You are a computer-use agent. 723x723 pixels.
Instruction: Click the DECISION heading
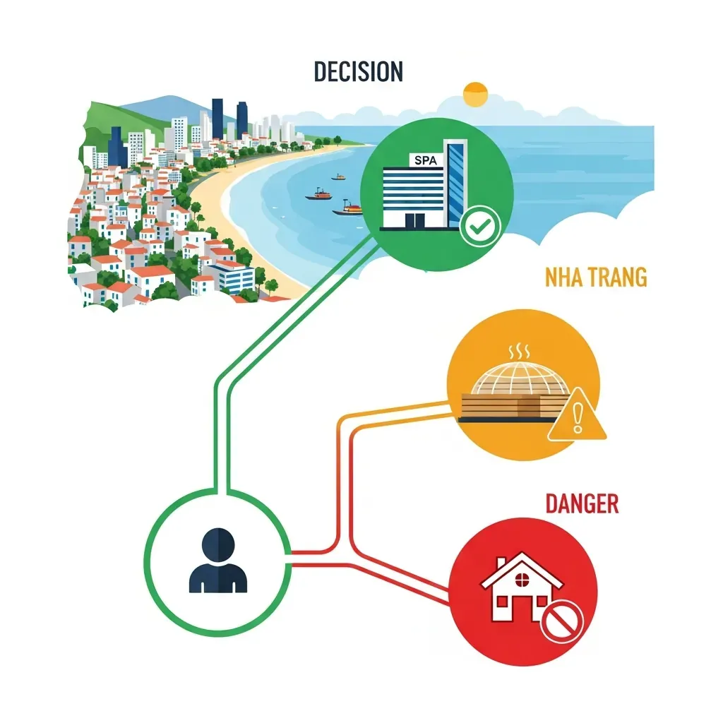(358, 71)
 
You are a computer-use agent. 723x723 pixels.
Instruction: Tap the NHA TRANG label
(596, 277)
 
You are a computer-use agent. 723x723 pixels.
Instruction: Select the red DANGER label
(582, 503)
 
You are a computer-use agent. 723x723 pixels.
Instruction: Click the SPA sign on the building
(426, 160)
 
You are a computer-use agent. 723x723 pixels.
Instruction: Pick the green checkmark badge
(480, 226)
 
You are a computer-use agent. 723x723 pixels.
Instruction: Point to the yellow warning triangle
(577, 415)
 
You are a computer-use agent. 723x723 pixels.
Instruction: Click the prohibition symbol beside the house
(561, 621)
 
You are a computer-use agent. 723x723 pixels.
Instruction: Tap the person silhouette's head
(218, 544)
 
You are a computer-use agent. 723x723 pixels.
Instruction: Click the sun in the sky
(475, 95)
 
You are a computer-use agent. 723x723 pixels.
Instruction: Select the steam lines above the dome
(519, 352)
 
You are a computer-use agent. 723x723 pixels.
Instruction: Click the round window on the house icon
(522, 579)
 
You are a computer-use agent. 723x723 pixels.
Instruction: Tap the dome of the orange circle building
(519, 379)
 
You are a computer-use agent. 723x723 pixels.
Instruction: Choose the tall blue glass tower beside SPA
(456, 183)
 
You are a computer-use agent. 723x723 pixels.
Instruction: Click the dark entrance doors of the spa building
(415, 220)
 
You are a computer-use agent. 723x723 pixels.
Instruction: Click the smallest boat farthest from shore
(338, 177)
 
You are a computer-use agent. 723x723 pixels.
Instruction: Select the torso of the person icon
(218, 578)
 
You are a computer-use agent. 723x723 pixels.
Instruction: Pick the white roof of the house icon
(522, 570)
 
